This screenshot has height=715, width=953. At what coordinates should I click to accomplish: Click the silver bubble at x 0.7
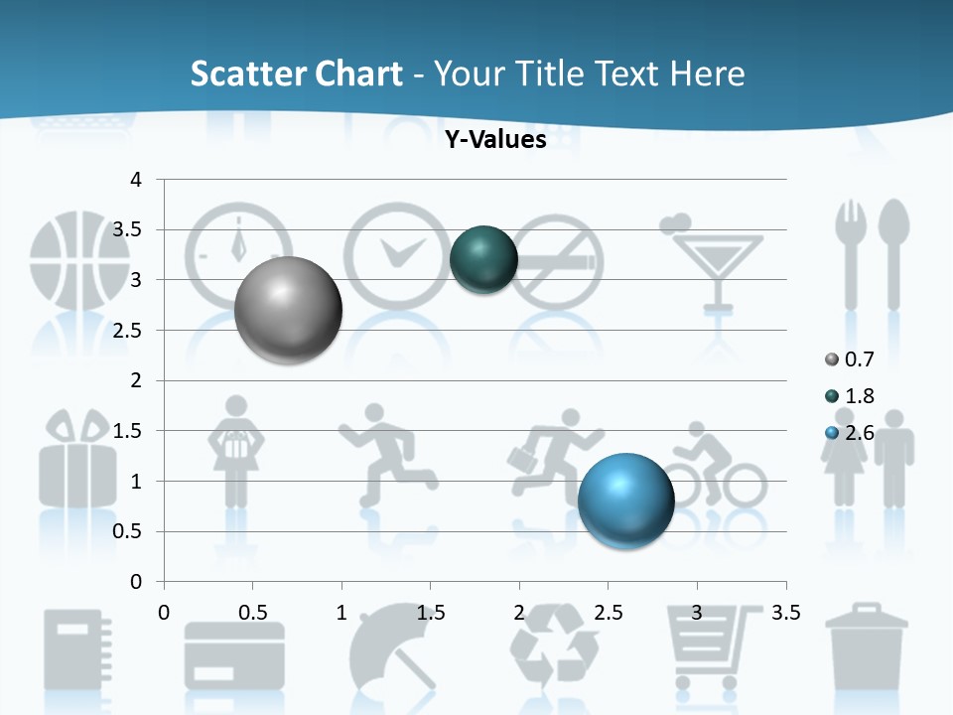(289, 310)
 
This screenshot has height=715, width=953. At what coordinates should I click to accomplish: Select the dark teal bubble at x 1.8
(483, 259)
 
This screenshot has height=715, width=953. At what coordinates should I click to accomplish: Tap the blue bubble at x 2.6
(625, 500)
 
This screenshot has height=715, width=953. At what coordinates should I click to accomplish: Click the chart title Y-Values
(494, 140)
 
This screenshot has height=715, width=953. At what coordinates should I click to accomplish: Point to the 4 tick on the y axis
(137, 180)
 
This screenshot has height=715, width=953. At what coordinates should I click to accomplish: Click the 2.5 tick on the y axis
(129, 331)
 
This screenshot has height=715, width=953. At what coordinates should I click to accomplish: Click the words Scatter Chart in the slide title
(296, 73)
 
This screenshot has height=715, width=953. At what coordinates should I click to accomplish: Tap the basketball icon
(79, 260)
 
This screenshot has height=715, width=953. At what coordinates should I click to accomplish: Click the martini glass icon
(715, 261)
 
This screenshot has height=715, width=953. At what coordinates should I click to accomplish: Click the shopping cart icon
(705, 645)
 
